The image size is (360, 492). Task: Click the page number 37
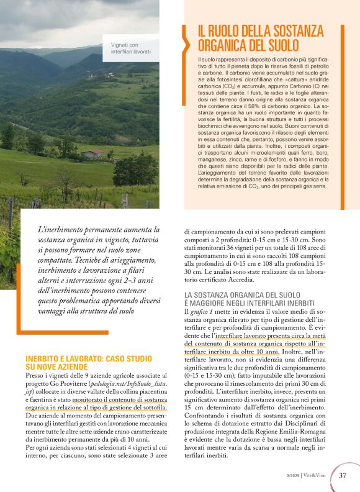coord(343,476)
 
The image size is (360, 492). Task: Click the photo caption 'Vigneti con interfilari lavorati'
coord(130,48)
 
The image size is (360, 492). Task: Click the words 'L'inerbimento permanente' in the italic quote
coord(81,229)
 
